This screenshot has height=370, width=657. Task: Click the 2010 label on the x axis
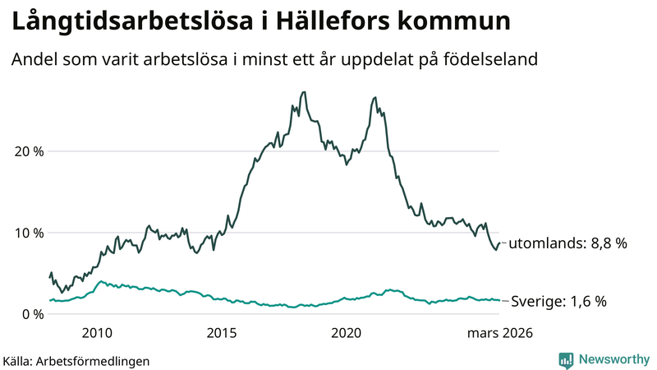pyautogui.click(x=97, y=333)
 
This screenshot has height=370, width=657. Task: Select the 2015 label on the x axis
pyautogui.click(x=222, y=333)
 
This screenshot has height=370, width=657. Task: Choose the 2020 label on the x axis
pyautogui.click(x=347, y=333)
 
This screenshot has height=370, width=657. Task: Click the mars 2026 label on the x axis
pyautogui.click(x=500, y=333)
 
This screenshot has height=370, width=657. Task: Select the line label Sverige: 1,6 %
pyautogui.click(x=559, y=302)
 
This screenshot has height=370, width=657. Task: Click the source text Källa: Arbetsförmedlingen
pyautogui.click(x=76, y=360)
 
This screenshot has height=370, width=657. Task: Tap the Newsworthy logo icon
pyautogui.click(x=566, y=359)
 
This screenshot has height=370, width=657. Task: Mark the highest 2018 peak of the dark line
pyautogui.click(x=304, y=92)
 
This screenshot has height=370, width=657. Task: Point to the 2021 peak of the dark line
pyautogui.click(x=375, y=98)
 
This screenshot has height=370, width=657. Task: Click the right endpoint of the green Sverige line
pyautogui.click(x=499, y=300)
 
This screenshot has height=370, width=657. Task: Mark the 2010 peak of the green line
pyautogui.click(x=100, y=281)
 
